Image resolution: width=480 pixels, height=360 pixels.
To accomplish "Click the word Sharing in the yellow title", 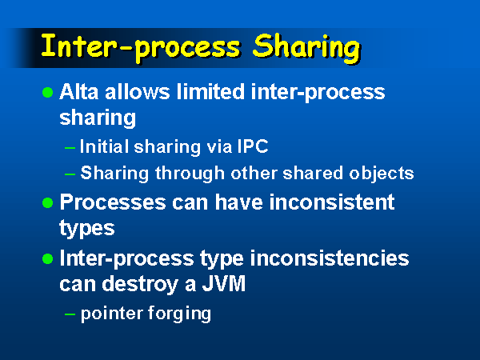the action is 306,48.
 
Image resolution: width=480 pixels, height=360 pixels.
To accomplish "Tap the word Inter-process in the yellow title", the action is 141,47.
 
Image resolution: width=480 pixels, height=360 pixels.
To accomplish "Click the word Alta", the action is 79,91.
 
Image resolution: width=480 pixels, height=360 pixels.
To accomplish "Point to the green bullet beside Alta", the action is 48,92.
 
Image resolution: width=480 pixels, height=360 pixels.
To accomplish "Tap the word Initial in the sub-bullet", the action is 104,146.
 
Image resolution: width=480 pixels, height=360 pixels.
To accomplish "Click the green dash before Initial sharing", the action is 70,148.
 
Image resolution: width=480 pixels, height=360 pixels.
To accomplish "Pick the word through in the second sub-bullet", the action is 190,174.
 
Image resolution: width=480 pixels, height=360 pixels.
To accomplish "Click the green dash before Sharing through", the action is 70,174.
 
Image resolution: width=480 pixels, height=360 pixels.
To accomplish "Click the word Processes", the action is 113,202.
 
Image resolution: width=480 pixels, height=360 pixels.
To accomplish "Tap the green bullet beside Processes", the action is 48,202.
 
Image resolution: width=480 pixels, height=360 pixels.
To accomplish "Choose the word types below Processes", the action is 87,229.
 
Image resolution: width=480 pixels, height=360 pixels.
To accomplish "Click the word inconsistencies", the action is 330,258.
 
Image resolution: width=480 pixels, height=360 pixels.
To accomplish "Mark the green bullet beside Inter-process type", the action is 48,259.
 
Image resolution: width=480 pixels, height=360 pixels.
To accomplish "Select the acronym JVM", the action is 224,284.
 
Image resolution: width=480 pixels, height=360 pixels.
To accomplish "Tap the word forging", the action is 179,314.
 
